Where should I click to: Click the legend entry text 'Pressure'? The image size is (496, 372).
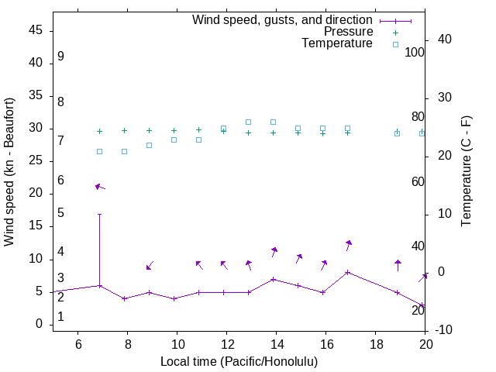click(348, 32)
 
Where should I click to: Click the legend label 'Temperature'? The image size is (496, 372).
click(337, 44)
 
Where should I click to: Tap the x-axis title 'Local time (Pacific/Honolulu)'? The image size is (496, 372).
click(239, 362)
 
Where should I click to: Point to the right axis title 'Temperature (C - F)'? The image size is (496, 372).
click(466, 172)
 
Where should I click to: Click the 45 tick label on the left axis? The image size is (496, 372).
click(36, 30)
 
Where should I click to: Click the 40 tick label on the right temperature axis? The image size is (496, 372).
click(434, 40)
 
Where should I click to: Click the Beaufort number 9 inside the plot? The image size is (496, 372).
click(60, 57)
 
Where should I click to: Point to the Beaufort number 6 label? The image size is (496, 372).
click(60, 181)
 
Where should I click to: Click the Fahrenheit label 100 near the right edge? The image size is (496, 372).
click(415, 52)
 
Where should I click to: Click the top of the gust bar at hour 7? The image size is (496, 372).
click(99, 214)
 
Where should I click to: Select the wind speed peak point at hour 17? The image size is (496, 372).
click(347, 272)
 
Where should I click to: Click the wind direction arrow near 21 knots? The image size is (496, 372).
click(99, 187)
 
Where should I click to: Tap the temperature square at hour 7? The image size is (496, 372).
click(99, 151)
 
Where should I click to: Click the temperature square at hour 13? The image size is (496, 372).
click(248, 122)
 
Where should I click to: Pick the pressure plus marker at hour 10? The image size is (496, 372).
click(174, 131)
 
